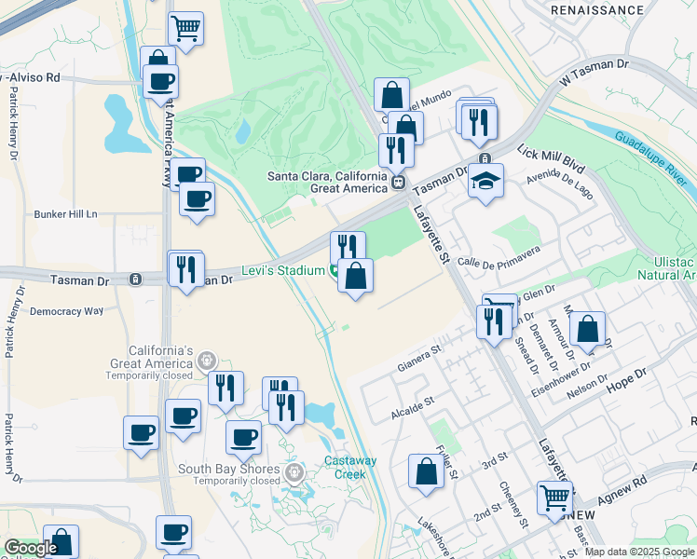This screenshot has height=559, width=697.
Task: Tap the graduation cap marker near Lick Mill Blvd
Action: tap(485, 181)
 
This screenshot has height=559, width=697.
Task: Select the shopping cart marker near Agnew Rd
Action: tap(554, 498)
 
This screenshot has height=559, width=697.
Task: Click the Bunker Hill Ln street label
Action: tap(66, 214)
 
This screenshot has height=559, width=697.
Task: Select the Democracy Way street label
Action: tap(66, 311)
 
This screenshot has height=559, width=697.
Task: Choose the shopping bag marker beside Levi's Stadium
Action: tap(356, 277)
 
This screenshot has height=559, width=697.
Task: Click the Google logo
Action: tap(31, 549)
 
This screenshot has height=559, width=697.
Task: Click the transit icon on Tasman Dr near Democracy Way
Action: tap(135, 279)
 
